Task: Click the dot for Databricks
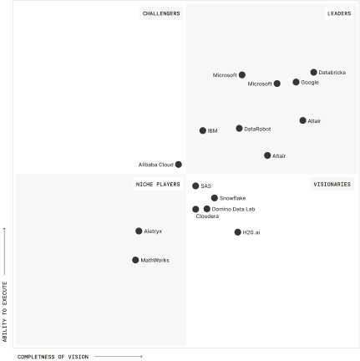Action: point(314,73)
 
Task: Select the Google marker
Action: point(296,83)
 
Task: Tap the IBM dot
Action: point(203,130)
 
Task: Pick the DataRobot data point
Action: point(239,129)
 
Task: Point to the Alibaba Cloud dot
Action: point(179,165)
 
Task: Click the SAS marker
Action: point(195,186)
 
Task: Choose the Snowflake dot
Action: point(215,198)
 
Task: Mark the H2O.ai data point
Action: point(238,232)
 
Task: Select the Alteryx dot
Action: point(139,231)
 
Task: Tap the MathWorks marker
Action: point(135,260)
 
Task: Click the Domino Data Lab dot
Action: point(207,209)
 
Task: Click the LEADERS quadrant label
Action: point(339,13)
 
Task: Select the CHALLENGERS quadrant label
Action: point(161,13)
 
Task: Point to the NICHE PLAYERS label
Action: point(158,184)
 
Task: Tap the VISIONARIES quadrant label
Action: point(332,184)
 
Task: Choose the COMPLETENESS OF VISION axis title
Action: point(53,357)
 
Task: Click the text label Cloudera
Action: point(207,216)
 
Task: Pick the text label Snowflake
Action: point(232,198)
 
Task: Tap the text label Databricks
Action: point(332,73)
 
